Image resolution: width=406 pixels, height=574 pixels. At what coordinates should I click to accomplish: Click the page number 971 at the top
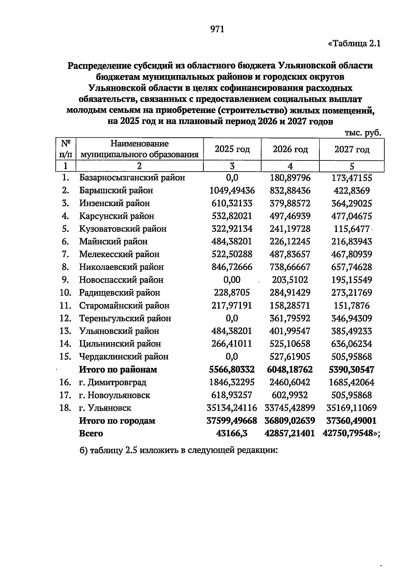[x=217, y=29]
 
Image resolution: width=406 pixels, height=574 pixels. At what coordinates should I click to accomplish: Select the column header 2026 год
[x=290, y=149]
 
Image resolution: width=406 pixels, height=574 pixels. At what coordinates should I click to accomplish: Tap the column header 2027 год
[x=352, y=149]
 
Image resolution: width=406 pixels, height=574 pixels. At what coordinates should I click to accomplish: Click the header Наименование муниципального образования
[x=139, y=149]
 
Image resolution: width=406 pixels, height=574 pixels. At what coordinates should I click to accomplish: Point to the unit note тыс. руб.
[x=363, y=133]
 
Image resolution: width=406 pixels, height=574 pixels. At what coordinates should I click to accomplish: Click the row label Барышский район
[x=116, y=191]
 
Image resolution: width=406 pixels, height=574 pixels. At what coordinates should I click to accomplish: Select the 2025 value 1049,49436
[x=232, y=191]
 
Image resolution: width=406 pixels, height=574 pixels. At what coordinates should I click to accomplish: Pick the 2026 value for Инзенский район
[x=290, y=203]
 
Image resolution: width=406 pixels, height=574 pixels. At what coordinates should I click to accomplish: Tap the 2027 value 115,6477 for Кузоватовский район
[x=352, y=229]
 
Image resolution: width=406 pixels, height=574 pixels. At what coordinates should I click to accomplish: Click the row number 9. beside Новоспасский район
[x=66, y=280]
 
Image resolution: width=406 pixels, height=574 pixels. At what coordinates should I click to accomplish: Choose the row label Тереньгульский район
[x=125, y=318]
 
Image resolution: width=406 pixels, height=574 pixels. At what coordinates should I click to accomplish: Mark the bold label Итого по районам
[x=118, y=370]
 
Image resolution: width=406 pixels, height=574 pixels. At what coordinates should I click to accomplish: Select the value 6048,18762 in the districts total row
[x=290, y=370]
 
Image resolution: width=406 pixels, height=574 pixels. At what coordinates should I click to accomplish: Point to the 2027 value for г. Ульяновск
[x=352, y=408]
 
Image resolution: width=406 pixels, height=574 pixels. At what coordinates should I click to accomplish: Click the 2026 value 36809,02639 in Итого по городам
[x=290, y=421]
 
